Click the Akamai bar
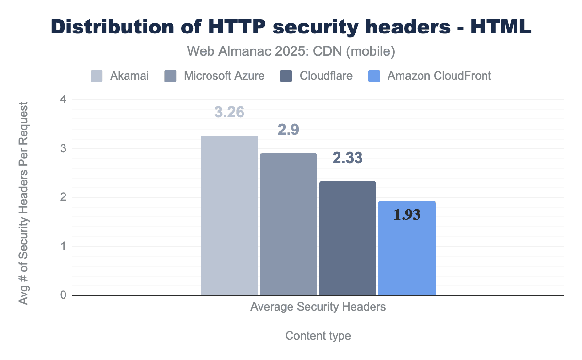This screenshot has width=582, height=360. click(229, 215)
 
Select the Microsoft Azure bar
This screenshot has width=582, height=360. click(289, 224)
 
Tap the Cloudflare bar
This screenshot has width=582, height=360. click(347, 238)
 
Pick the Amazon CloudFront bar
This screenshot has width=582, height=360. click(406, 248)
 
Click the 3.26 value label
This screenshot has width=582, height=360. click(229, 112)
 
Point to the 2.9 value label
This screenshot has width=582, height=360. click(289, 130)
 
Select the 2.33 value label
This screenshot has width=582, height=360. click(347, 158)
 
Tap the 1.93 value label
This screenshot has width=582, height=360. click(406, 215)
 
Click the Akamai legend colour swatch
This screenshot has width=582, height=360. click(97, 76)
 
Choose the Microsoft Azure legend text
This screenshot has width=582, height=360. click(224, 76)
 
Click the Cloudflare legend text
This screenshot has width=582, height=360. click(326, 76)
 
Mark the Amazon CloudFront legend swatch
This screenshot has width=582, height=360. click(374, 76)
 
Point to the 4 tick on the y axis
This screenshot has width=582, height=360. click(63, 100)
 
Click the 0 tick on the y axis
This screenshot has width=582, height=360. click(63, 295)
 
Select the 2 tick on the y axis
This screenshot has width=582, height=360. click(63, 197)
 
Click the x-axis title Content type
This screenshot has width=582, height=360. click(318, 336)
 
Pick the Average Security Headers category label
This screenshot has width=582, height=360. click(318, 307)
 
